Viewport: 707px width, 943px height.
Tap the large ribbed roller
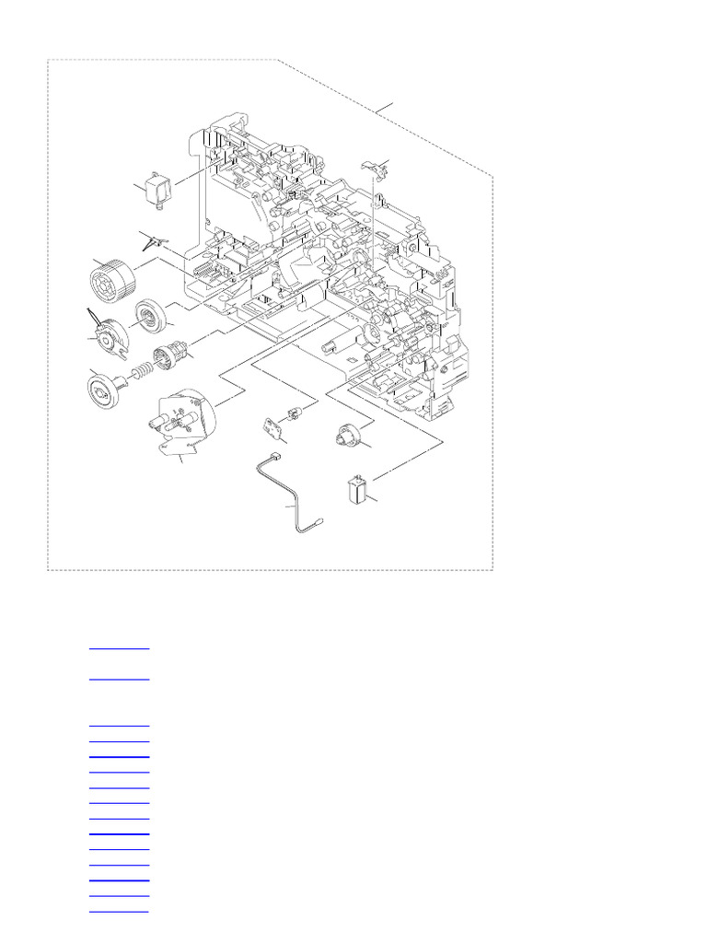(x=110, y=277)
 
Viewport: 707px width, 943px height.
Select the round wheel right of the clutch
(x=150, y=319)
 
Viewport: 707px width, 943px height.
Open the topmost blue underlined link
(x=120, y=648)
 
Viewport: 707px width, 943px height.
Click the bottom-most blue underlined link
(x=120, y=912)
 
